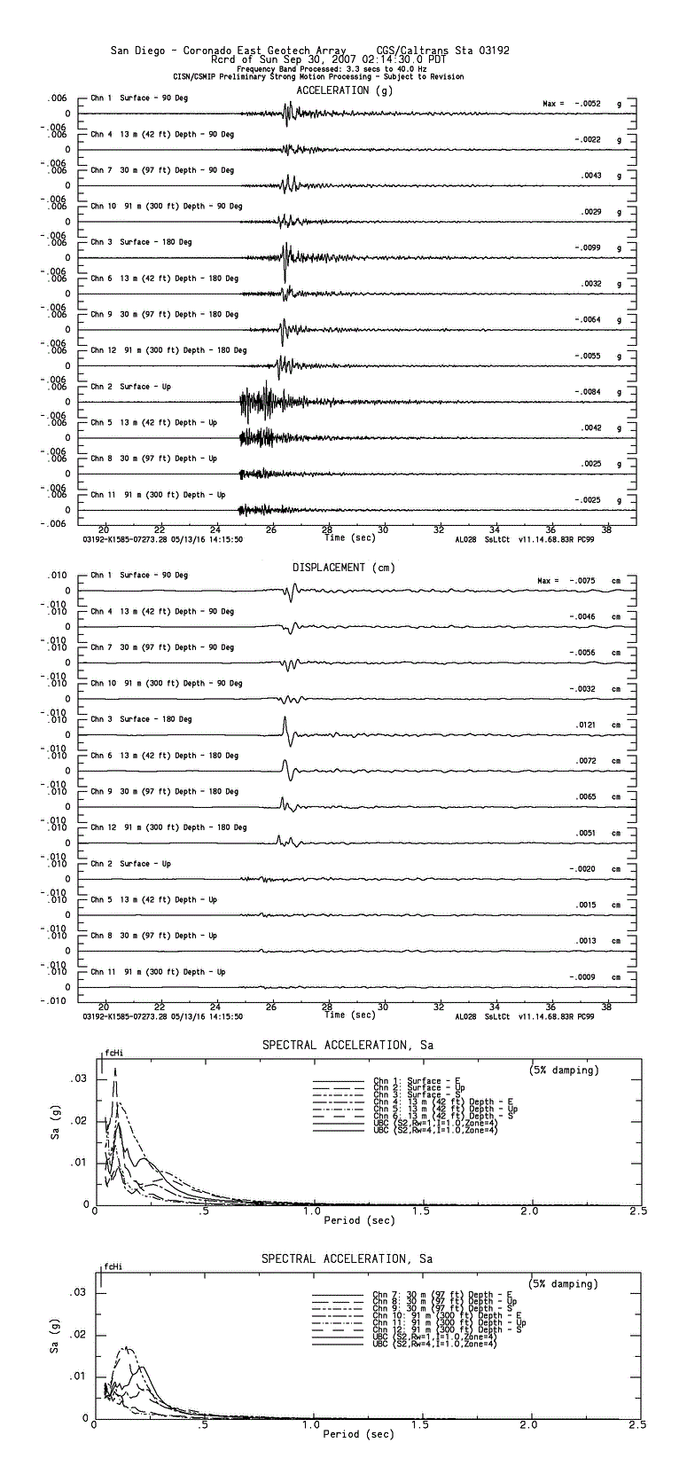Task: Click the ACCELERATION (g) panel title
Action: coord(345,90)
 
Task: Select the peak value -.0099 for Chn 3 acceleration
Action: coord(588,247)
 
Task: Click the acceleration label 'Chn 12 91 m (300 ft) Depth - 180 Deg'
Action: coord(168,350)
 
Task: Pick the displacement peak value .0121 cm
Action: coord(588,725)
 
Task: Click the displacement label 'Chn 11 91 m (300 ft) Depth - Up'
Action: coord(158,972)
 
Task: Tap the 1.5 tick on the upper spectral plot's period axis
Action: coord(421,1211)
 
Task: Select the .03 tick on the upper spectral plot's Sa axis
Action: coord(79,1078)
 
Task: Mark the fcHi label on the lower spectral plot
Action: coord(113,1266)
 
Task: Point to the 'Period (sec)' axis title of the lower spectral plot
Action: coord(358,1434)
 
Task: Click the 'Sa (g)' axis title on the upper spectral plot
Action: coord(55,1127)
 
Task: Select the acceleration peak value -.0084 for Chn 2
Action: coord(588,392)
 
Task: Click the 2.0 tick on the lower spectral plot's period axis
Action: coord(528,1424)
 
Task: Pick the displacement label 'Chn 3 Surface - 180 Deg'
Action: coord(141,719)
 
